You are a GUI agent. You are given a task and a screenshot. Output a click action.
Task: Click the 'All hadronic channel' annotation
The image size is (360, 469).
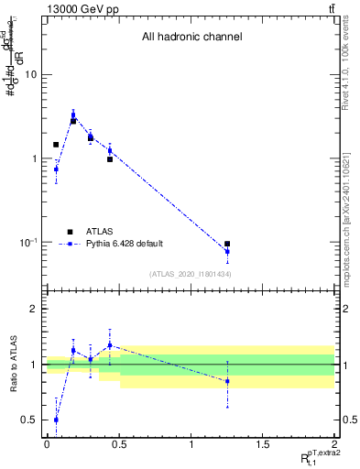[x=191, y=38]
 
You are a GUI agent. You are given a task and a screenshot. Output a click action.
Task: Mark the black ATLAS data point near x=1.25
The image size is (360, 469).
[x=227, y=244]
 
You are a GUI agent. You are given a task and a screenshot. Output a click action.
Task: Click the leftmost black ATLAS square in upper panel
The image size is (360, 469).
[x=56, y=145]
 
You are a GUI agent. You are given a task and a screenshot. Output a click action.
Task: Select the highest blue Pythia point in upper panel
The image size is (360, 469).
[x=73, y=115]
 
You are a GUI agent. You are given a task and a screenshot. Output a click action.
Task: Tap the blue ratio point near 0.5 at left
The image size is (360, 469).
[x=56, y=420]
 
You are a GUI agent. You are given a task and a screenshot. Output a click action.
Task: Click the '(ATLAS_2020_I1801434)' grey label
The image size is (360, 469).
[x=191, y=274]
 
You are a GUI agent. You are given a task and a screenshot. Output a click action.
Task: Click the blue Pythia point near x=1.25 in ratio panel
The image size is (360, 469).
[x=227, y=381]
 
